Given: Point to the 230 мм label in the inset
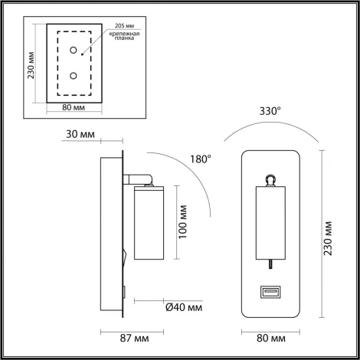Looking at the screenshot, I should coord(31,65).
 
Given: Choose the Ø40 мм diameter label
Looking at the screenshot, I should coord(185,308).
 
